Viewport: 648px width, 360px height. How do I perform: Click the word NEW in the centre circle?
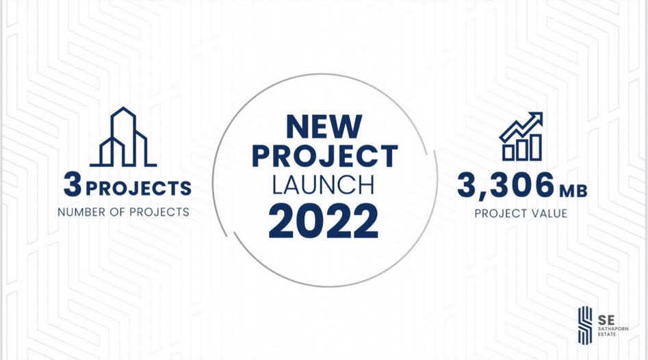coord(324,127)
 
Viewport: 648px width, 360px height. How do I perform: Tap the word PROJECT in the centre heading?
coord(325,156)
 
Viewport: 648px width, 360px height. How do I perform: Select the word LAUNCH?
coord(323,185)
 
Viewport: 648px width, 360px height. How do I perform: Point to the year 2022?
coord(324,220)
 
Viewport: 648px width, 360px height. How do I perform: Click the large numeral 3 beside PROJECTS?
coord(73,184)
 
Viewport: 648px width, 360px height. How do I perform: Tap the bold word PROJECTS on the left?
coord(138,188)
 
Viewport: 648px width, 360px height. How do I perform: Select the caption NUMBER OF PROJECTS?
coord(124,212)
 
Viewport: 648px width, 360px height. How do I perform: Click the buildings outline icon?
coord(123,137)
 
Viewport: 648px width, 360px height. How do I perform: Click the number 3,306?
coord(506,185)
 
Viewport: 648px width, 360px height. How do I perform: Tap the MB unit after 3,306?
coord(573,191)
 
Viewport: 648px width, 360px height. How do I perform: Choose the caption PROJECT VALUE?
coord(521,214)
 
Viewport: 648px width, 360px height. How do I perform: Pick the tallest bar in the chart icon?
coord(536,147)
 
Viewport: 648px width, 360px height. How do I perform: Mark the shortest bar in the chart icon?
coord(508,153)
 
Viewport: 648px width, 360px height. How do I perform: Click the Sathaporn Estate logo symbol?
coord(585,325)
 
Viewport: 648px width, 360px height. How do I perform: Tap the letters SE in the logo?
coord(606,320)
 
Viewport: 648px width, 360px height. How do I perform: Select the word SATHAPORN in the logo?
coord(613,329)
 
